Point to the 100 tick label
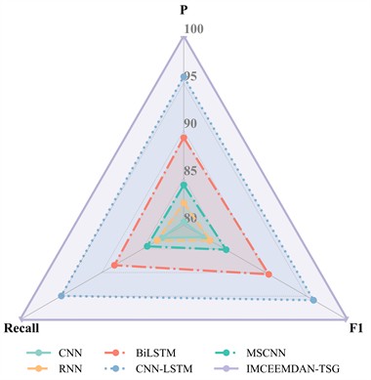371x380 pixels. (x=194, y=31)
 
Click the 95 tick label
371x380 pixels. (x=190, y=78)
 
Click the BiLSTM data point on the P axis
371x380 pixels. (x=184, y=139)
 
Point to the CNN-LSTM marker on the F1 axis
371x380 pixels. (x=313, y=300)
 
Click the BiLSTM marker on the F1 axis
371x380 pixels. (x=268, y=274)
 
